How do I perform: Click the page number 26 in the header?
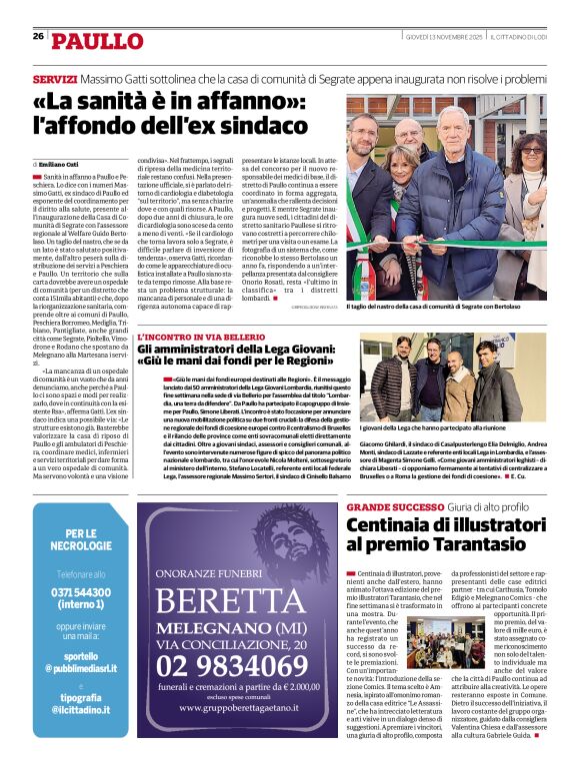click(38, 36)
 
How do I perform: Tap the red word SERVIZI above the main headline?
click(54, 79)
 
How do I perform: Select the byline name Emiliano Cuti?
click(60, 163)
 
